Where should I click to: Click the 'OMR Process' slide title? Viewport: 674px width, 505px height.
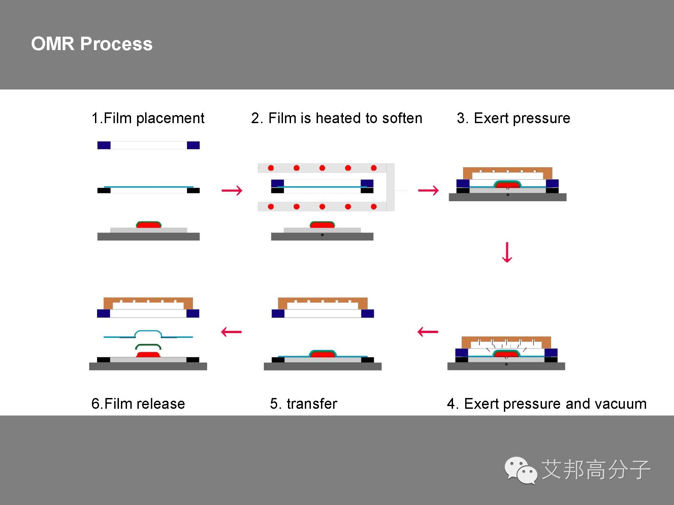[x=92, y=44]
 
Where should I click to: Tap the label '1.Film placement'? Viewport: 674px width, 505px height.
[x=148, y=118]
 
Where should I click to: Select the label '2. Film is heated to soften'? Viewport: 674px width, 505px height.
[x=336, y=118]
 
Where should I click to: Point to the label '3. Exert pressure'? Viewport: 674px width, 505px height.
[x=513, y=118]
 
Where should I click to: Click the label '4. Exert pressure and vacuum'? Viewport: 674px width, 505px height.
[x=546, y=404]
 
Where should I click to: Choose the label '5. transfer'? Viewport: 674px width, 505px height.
[x=303, y=404]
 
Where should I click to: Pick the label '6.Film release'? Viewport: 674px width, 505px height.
[x=138, y=404]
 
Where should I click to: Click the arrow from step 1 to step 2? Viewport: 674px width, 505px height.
[x=232, y=190]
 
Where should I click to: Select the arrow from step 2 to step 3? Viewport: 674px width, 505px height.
[x=428, y=190]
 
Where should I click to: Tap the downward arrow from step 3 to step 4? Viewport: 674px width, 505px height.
[x=507, y=252]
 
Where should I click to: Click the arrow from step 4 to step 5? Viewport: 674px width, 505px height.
[x=427, y=332]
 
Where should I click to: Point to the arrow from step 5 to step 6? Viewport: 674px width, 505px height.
[x=231, y=332]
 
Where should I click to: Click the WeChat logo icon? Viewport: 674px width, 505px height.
[x=520, y=470]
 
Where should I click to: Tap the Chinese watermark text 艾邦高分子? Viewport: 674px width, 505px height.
[x=596, y=470]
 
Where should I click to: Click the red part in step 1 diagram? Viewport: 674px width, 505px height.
[x=149, y=225]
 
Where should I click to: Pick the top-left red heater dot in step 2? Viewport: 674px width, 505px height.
[x=271, y=168]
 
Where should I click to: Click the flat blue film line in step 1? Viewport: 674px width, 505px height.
[x=149, y=187]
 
